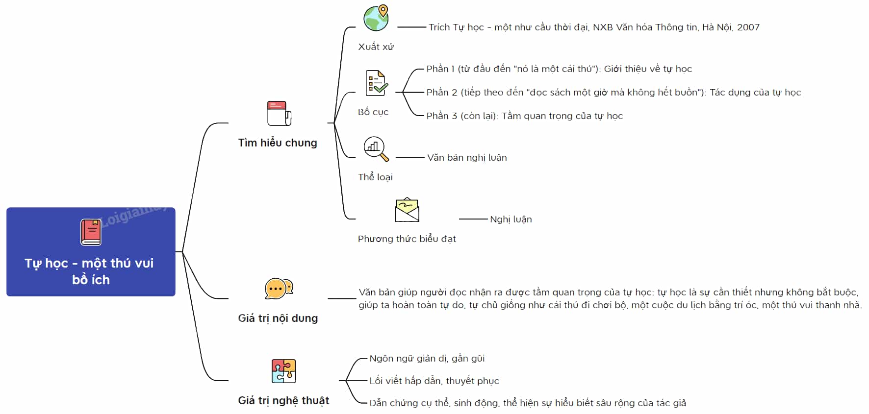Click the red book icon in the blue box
pos(91,232)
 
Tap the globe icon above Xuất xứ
pos(376,18)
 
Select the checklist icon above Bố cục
pos(377,83)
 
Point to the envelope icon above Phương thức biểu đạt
pos(407,210)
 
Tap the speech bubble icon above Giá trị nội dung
pos(279,289)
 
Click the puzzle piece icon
pos(283,371)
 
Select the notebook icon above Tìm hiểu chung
pos(279,113)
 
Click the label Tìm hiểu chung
pos(278,143)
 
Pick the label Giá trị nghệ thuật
pos(283,401)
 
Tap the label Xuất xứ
pos(376,47)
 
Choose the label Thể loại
pos(375,177)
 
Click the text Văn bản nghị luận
pos(467,157)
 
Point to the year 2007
pos(748,27)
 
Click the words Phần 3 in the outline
pos(442,116)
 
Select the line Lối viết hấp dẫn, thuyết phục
pos(434,381)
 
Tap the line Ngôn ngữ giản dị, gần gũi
pos(427,358)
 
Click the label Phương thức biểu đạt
pos(407,239)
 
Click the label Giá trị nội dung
pos(278,318)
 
